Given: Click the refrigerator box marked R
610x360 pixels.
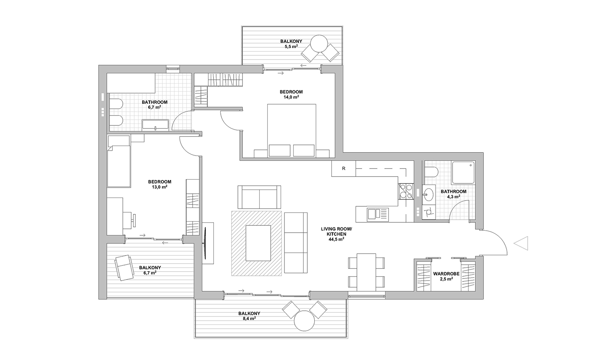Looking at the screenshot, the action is pyautogui.click(x=344, y=169).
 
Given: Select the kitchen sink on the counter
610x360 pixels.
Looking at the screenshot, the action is pyautogui.click(x=377, y=214).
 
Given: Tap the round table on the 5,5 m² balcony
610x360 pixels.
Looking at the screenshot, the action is pyautogui.click(x=319, y=43).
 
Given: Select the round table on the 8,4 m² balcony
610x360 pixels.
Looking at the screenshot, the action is pyautogui.click(x=305, y=321).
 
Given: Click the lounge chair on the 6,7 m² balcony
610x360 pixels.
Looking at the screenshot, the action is pyautogui.click(x=124, y=268).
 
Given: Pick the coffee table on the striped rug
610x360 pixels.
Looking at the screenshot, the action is pyautogui.click(x=258, y=243).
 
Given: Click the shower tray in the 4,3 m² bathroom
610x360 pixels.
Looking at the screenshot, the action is pyautogui.click(x=463, y=172).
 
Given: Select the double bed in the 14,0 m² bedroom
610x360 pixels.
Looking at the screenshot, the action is pyautogui.click(x=292, y=130).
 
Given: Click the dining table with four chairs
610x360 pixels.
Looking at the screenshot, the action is pyautogui.click(x=366, y=272).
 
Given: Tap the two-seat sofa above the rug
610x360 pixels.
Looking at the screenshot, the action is pyautogui.click(x=259, y=197).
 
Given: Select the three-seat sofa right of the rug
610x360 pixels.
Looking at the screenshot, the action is pyautogui.click(x=296, y=243).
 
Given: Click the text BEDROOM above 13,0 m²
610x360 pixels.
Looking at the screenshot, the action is pyautogui.click(x=160, y=182).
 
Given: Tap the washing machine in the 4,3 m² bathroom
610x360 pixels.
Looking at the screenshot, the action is pyautogui.click(x=429, y=212).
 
